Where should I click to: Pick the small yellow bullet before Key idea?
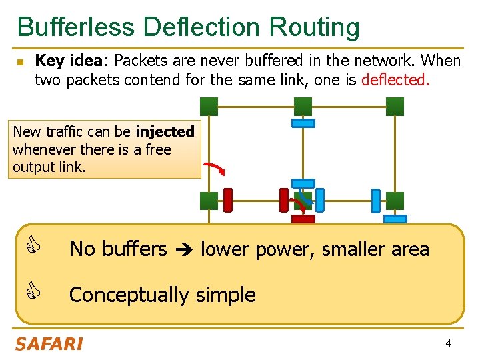click(20, 62)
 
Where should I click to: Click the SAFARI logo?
click(49, 344)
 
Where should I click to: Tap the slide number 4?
click(449, 343)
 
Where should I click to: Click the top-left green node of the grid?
click(209, 105)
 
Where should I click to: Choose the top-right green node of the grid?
click(395, 105)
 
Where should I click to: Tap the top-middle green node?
click(303, 105)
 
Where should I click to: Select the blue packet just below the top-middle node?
click(303, 123)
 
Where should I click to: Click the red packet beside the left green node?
click(228, 199)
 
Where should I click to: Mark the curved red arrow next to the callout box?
click(214, 167)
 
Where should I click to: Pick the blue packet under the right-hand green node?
click(395, 219)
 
